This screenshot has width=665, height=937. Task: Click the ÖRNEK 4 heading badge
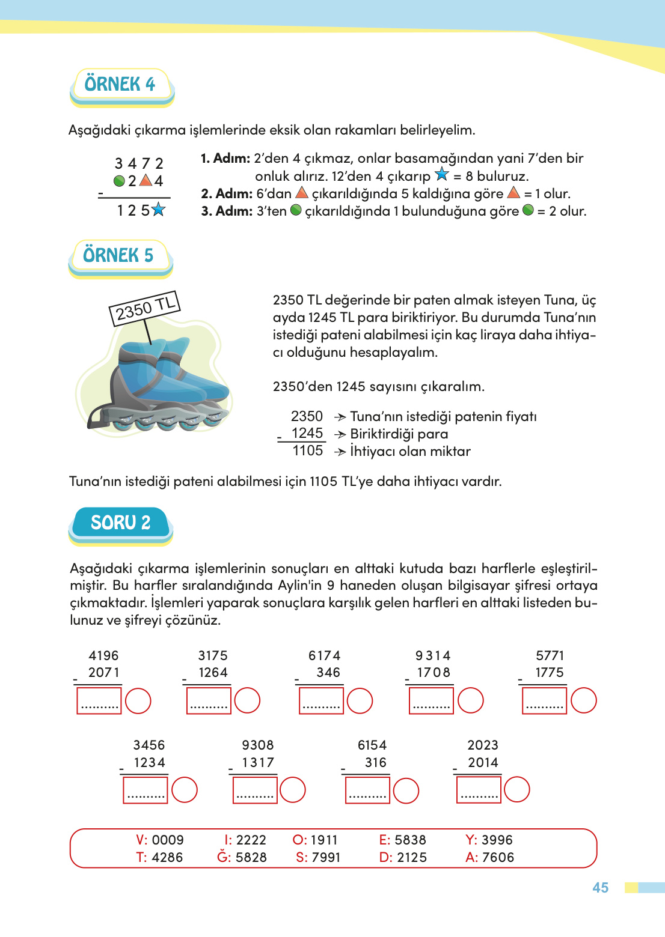click(x=121, y=85)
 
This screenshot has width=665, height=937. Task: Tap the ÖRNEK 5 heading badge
click(x=120, y=256)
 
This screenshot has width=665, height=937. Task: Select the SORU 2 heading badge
click(x=120, y=523)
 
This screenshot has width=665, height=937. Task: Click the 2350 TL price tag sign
click(x=145, y=308)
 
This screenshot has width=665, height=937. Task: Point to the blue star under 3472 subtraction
click(x=158, y=210)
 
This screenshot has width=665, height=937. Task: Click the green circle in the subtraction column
click(x=119, y=181)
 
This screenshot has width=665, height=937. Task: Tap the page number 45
click(x=600, y=888)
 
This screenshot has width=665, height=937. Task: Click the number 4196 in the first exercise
click(x=103, y=655)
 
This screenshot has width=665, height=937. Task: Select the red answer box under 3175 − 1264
click(x=209, y=701)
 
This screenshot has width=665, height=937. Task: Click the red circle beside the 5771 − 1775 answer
click(x=583, y=701)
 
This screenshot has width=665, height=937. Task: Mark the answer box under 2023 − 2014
click(x=479, y=790)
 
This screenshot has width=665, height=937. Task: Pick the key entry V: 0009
click(x=160, y=840)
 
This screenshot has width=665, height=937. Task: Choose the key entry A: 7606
click(x=489, y=857)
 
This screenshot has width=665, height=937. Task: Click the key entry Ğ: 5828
click(x=242, y=857)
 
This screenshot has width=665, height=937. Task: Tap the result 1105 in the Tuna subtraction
click(x=307, y=450)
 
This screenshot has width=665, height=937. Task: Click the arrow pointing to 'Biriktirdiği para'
click(x=340, y=434)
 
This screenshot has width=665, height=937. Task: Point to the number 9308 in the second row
click(x=257, y=745)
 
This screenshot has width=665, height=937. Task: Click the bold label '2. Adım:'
click(x=227, y=193)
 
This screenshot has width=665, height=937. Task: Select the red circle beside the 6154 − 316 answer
click(x=406, y=790)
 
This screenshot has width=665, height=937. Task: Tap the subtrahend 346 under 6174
click(x=328, y=673)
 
